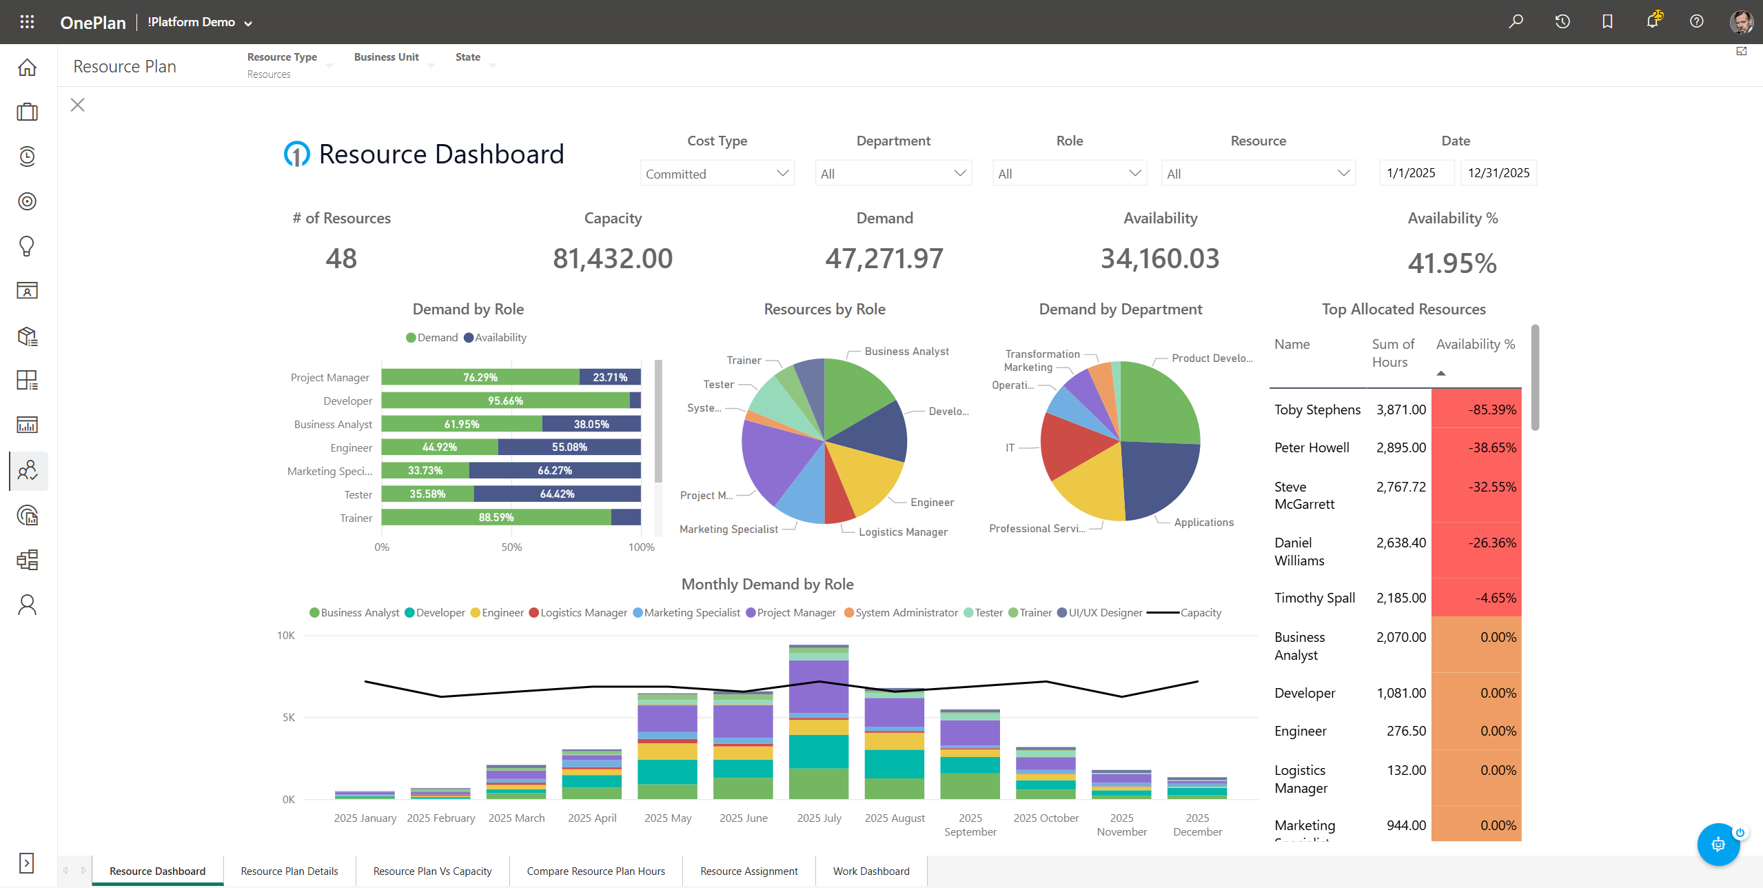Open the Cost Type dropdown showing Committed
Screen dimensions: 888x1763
point(717,174)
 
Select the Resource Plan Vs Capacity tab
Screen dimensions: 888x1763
point(432,871)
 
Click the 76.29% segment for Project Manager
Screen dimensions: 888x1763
point(480,377)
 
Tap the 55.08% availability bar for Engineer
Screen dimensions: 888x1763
point(569,447)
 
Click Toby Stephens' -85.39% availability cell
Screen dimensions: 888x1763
point(1476,410)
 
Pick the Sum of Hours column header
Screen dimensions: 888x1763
point(1392,353)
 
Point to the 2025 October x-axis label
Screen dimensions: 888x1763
point(1046,818)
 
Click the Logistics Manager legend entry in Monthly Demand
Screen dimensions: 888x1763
point(583,612)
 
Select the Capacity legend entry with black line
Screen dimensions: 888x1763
point(1200,612)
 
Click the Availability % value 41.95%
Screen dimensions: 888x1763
point(1451,263)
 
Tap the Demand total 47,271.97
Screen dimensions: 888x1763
point(884,259)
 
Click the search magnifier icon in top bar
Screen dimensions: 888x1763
point(1516,21)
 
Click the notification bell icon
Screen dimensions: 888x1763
point(1651,21)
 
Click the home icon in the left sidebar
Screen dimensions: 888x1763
point(27,67)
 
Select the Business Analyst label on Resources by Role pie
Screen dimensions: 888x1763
point(906,351)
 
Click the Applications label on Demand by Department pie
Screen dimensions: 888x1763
point(1203,522)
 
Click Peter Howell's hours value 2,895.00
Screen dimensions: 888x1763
point(1400,447)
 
